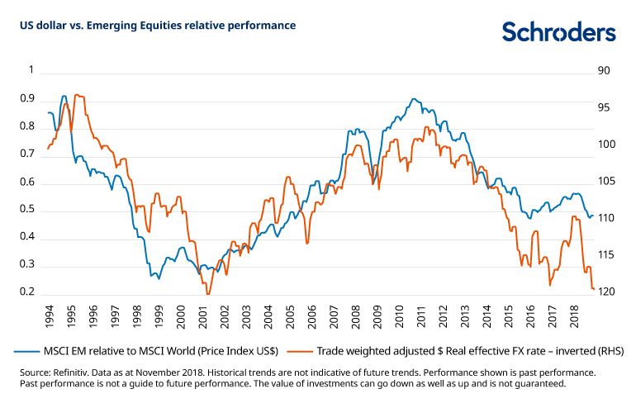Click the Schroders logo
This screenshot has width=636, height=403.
coord(558,32)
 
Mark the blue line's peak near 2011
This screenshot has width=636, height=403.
coord(414,99)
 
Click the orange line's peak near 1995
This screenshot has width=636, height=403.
coord(77,95)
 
